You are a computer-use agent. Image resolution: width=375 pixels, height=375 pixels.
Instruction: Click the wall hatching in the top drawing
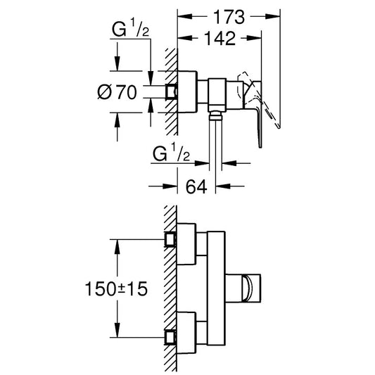click(x=168, y=91)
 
